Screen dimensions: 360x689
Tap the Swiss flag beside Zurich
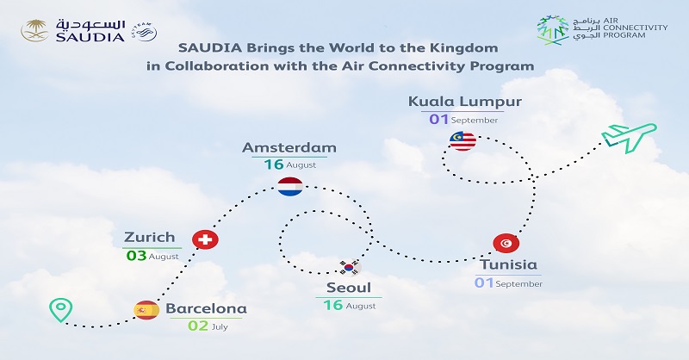[x=204, y=239]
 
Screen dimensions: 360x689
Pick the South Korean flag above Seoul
[x=349, y=265]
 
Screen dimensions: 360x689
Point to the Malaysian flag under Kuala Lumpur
[x=462, y=140]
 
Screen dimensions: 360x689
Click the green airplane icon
[x=627, y=137]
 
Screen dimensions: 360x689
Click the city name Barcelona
[x=206, y=308]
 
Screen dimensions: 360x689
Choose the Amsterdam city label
[x=289, y=147]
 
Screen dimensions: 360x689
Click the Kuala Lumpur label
[x=465, y=102]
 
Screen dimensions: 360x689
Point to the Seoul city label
[x=348, y=288]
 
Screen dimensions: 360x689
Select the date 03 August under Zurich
[x=152, y=255]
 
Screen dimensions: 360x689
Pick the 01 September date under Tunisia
[x=509, y=282]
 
